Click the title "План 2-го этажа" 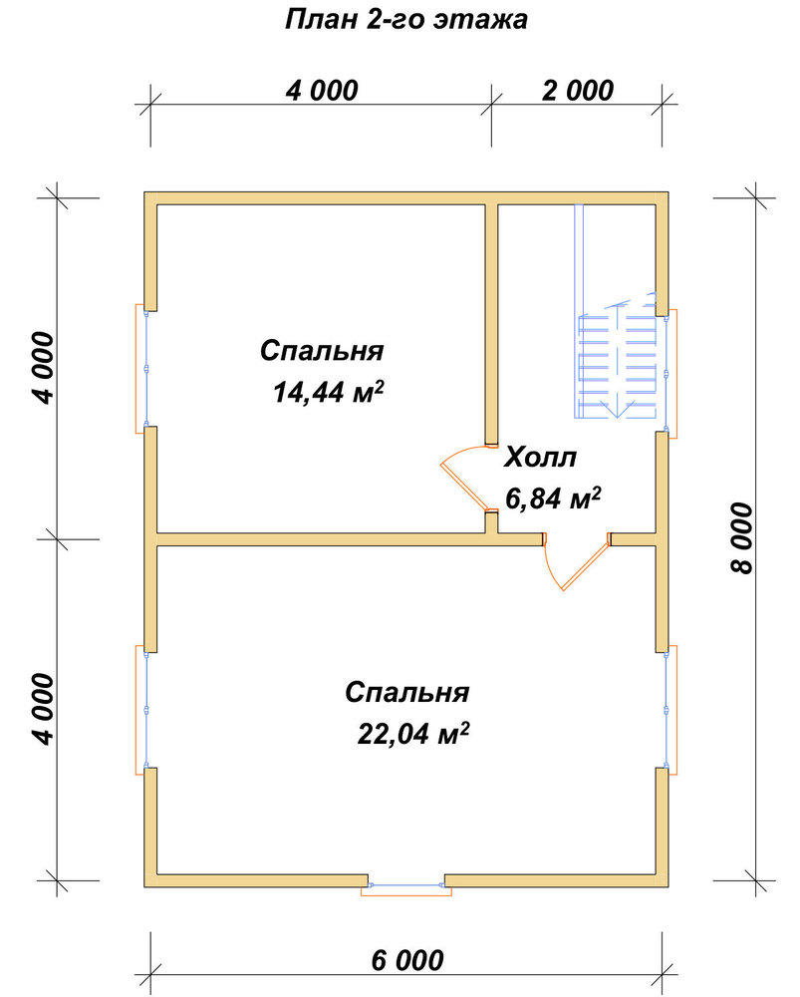point(406,20)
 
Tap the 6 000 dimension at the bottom point(407,960)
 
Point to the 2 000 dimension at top point(578,91)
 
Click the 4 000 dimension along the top point(322,91)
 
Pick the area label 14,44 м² point(329,392)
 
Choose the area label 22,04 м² point(413,733)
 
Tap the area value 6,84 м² point(553,498)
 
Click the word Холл point(540,458)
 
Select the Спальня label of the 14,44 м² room point(322,351)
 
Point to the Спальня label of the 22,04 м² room point(407,693)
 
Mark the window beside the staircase point(669,374)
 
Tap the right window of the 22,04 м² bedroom point(669,710)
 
